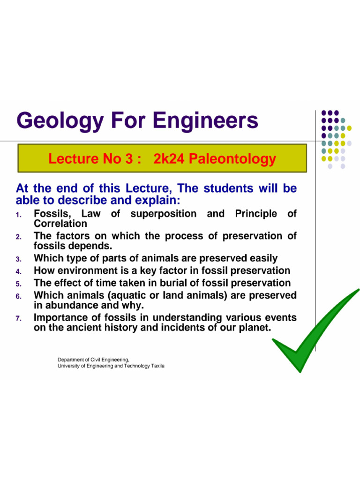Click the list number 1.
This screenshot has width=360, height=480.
[18, 215]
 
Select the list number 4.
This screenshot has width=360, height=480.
[18, 271]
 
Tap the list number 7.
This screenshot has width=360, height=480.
[18, 319]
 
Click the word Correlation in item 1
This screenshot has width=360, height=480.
[60, 224]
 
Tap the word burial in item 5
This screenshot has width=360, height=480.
[188, 283]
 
